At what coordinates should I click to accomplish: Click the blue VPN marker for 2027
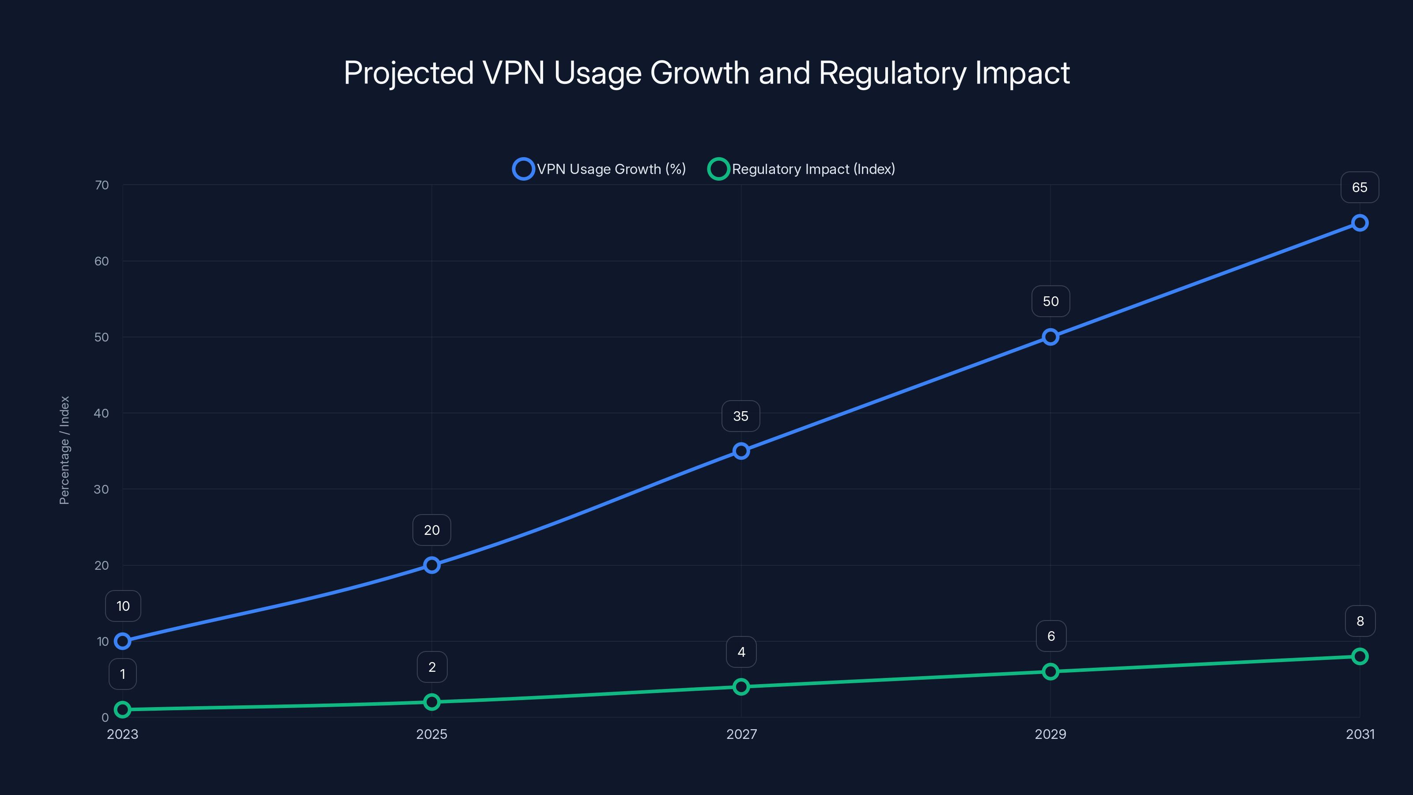coord(741,451)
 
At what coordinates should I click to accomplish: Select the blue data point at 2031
coord(1360,223)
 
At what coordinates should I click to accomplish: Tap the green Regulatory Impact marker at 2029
coord(1050,671)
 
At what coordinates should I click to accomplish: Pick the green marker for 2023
coord(122,709)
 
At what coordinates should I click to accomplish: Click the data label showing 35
coord(741,416)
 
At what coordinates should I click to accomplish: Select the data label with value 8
coord(1360,621)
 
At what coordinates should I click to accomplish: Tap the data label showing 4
coord(741,652)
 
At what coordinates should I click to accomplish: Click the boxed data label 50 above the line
coord(1050,301)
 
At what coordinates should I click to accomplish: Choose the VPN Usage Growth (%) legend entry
coord(600,169)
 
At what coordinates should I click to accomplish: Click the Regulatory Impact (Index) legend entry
coord(802,169)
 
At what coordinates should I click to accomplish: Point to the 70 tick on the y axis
coord(102,185)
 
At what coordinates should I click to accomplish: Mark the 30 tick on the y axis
coord(102,489)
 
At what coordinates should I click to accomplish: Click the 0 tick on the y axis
coord(105,717)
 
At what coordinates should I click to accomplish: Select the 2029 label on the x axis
coord(1050,734)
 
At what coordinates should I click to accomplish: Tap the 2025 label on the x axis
coord(432,734)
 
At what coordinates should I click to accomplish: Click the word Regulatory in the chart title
coord(892,73)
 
